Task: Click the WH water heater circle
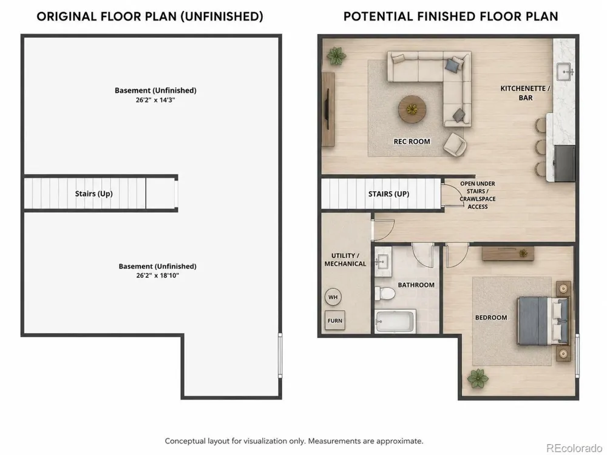tap(333, 297)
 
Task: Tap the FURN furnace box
tap(335, 320)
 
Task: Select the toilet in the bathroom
tap(385, 294)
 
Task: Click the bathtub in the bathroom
tap(395, 321)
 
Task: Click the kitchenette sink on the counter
tap(565, 72)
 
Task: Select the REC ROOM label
tap(412, 141)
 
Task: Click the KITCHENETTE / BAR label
tap(525, 93)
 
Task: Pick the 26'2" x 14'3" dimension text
tap(155, 100)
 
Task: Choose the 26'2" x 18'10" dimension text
tap(158, 275)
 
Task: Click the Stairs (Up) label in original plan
tap(93, 194)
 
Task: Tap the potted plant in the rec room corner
tap(336, 56)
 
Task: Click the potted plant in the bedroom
tap(478, 379)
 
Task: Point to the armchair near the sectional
tap(455, 144)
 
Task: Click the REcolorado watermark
tap(574, 448)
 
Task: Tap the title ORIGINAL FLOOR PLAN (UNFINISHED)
tap(150, 16)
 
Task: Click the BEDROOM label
tap(491, 318)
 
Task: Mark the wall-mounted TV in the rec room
tap(328, 109)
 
